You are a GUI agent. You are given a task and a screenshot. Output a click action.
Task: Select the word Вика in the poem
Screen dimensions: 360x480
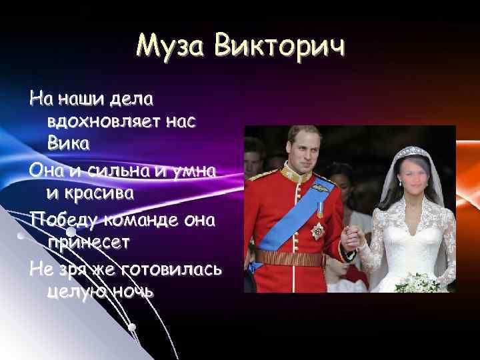click(69, 143)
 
